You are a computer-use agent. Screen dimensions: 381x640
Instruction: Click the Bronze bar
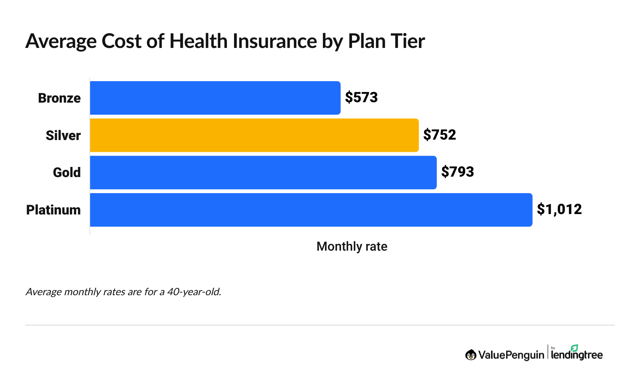click(215, 98)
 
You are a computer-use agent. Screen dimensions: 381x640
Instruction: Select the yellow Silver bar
click(254, 135)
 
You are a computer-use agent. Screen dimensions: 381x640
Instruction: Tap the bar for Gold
click(263, 172)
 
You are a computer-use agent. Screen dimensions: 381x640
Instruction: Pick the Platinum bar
click(311, 210)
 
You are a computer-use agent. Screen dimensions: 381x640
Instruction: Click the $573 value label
click(361, 98)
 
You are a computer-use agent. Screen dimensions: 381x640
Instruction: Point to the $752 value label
click(440, 135)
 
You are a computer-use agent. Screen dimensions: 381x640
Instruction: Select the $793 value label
click(457, 172)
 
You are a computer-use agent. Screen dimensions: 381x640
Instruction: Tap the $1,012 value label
click(559, 209)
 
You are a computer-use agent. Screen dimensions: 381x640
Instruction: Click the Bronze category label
click(59, 98)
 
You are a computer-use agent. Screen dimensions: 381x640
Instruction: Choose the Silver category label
click(63, 135)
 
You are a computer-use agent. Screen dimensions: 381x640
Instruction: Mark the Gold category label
click(67, 172)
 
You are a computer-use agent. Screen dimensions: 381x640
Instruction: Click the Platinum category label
click(53, 210)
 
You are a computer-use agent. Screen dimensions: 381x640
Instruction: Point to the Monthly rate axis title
click(352, 246)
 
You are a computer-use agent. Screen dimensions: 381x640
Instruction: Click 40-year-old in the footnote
click(194, 292)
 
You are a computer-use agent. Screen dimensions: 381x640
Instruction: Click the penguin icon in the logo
click(471, 355)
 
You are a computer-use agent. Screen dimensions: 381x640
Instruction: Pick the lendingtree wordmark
click(577, 355)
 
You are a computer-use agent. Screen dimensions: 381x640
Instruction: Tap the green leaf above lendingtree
click(574, 348)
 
